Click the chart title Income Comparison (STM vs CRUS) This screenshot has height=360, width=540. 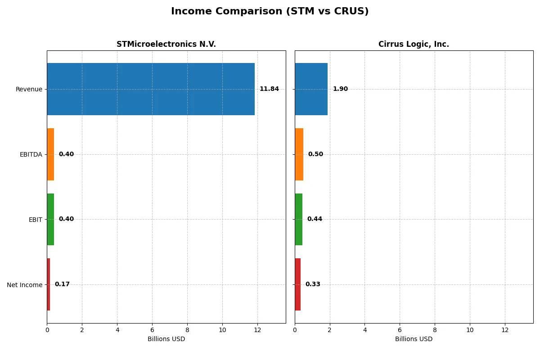[270, 12]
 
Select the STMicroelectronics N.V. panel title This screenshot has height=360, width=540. [166, 44]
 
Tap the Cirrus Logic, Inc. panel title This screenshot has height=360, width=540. [414, 44]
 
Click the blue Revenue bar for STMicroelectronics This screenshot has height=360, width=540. [151, 89]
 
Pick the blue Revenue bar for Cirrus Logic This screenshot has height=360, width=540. [311, 89]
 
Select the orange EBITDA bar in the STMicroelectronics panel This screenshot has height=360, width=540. [50, 154]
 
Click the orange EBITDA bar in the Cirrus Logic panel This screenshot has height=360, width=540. [299, 154]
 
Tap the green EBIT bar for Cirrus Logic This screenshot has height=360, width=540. [298, 220]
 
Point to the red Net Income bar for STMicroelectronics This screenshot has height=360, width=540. [49, 284]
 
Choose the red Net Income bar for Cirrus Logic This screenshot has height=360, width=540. [297, 284]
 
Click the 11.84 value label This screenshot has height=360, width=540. [269, 89]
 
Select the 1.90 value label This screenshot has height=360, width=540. [340, 89]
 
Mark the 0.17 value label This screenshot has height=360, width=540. [62, 284]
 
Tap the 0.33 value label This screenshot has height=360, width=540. [313, 284]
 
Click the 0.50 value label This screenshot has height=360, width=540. [315, 154]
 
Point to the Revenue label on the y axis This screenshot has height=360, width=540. [29, 90]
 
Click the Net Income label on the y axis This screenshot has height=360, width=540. [25, 285]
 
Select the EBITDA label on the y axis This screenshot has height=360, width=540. [31, 155]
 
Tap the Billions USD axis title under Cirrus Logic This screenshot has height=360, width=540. [414, 339]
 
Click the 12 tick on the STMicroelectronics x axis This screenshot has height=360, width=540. [257, 330]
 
